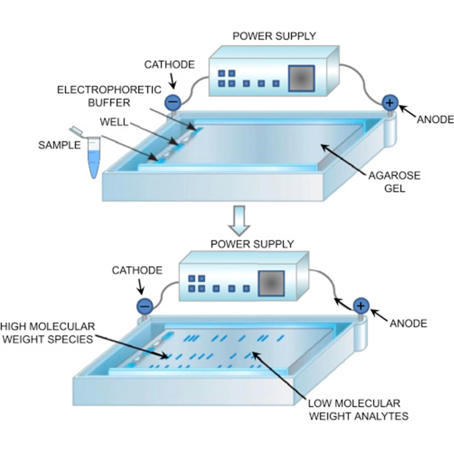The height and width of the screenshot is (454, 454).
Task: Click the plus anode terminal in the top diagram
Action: [390, 103]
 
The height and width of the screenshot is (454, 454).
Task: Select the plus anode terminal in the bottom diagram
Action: [361, 306]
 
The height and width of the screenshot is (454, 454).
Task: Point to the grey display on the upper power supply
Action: [301, 79]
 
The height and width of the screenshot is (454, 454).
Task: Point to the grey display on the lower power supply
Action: [271, 283]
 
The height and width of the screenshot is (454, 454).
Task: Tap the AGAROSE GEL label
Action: [394, 182]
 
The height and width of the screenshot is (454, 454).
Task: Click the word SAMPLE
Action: [59, 145]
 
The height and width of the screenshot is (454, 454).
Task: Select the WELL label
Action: [114, 122]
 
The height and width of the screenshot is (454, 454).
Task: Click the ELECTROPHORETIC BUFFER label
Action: [109, 96]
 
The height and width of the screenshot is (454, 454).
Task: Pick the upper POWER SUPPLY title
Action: [274, 36]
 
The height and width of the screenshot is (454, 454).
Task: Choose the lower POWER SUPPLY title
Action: [252, 244]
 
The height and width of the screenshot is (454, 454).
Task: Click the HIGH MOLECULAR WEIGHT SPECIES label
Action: [48, 333]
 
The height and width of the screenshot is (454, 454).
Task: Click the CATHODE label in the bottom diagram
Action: [137, 270]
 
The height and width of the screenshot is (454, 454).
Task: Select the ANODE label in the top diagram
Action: [435, 120]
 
